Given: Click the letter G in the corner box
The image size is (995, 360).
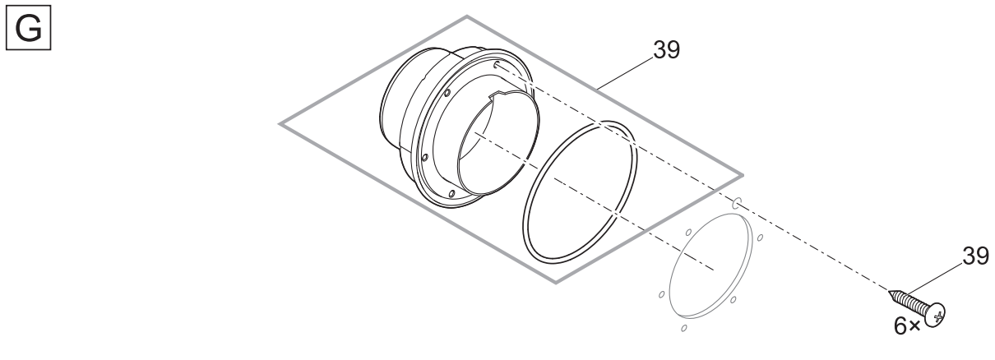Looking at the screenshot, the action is [29, 29].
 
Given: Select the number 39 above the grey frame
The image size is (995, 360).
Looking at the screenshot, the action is [666, 49].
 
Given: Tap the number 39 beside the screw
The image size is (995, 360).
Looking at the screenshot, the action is [976, 256].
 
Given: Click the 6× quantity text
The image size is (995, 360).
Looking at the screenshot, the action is [907, 326].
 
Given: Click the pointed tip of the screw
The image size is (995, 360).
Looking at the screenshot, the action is [889, 292].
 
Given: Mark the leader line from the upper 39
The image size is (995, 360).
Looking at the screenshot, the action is [625, 73].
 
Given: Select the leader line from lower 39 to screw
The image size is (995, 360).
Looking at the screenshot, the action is [935, 279].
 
